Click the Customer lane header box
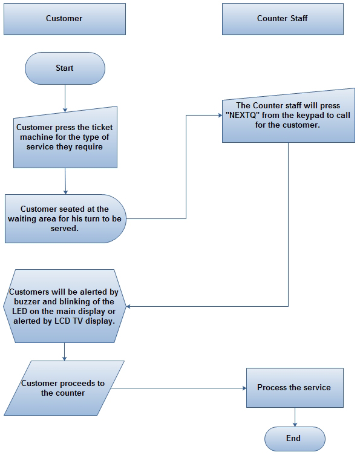tap(64, 19)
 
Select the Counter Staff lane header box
tap(282, 19)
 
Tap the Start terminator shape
tap(65, 68)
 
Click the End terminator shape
tap(295, 439)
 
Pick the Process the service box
tap(294, 387)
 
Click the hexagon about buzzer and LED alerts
tap(65, 306)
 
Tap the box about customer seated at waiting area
tap(65, 218)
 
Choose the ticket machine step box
tap(65, 137)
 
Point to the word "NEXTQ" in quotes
tap(242, 116)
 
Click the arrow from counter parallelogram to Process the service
tap(182, 388)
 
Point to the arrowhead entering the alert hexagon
tap(129, 306)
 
